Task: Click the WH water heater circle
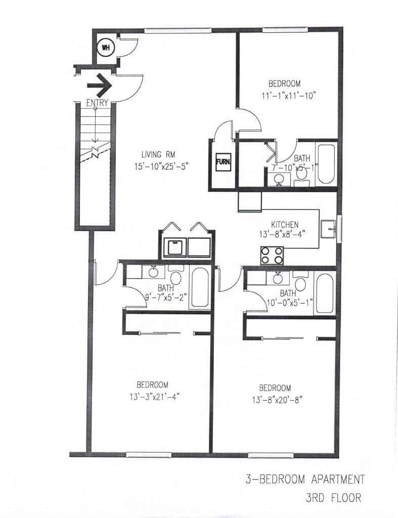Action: pos(105,48)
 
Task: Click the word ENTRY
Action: pos(97,103)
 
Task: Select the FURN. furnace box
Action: pos(224,162)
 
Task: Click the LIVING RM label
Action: pos(158,154)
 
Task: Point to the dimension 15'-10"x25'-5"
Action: pos(161,166)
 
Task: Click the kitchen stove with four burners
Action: pos(272,255)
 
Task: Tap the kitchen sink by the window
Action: pos(328,229)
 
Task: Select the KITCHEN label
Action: pos(285,225)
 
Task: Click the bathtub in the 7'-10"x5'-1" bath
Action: pos(326,163)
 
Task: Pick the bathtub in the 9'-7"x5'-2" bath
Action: pos(200,287)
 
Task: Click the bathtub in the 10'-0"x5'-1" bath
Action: pos(324,293)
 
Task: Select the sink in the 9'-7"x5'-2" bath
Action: pos(153,272)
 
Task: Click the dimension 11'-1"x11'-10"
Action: pos(289,96)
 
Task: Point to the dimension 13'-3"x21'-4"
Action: pos(155,397)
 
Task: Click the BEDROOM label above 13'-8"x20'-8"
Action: pos(275,388)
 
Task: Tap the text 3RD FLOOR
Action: pos(334,498)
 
